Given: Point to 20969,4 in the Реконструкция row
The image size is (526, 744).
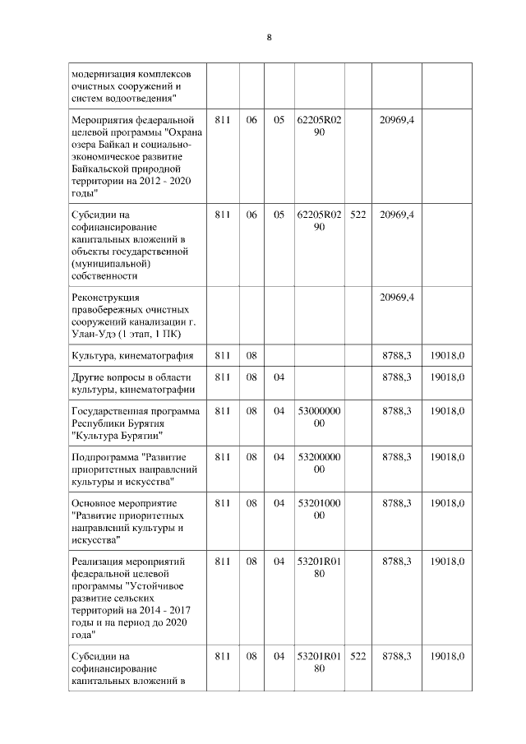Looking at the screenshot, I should coord(397,297).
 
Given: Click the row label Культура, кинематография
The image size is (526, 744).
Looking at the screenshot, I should coord(132,355).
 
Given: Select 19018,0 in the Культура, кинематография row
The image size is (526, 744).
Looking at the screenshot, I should coord(447,355).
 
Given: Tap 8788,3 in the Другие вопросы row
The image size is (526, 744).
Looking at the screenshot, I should coord(397,377).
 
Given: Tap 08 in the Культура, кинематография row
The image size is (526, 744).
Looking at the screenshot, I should coord(251,355).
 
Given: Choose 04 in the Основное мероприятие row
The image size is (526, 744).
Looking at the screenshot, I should coord(279,502).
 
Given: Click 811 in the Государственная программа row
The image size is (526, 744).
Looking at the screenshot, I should coord(222,409).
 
